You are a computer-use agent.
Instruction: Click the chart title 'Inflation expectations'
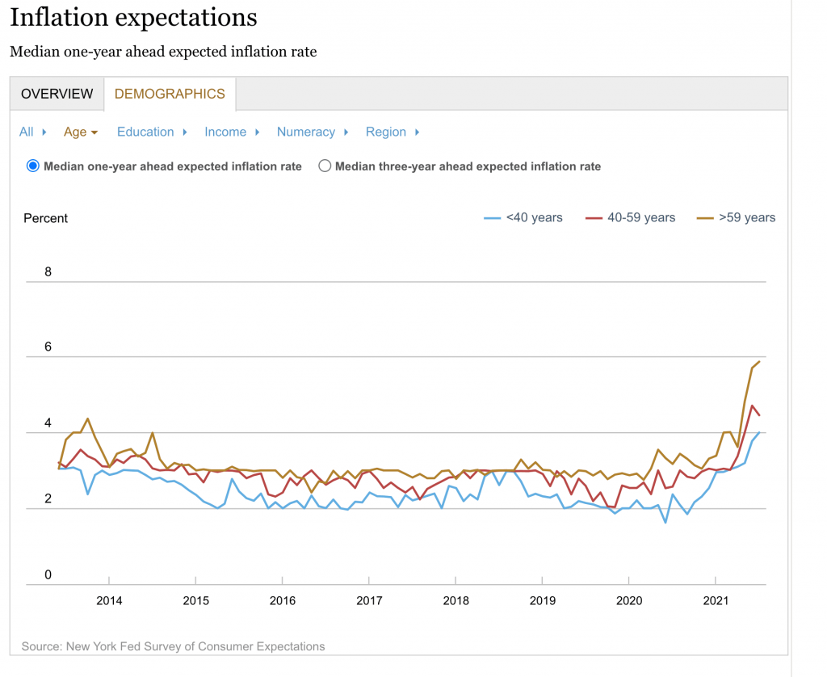coord(133,17)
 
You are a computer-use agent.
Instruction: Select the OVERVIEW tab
coord(57,94)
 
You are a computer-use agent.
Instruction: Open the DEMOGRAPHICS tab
coord(170,94)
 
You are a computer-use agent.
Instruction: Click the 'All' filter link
coord(27,132)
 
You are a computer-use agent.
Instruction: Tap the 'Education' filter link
coord(145,132)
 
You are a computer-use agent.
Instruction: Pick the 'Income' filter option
coord(225,132)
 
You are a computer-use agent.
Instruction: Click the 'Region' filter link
coord(386,132)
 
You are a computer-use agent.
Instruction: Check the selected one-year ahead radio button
coord(33,166)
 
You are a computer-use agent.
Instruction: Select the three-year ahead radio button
coord(325,166)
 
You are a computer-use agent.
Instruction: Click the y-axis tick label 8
coord(48,271)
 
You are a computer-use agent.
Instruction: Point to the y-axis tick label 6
coord(48,347)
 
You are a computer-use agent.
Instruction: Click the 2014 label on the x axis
coord(108,601)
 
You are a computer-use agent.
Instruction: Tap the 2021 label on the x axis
coord(716,601)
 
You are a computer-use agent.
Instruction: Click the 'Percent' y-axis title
coord(46,218)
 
